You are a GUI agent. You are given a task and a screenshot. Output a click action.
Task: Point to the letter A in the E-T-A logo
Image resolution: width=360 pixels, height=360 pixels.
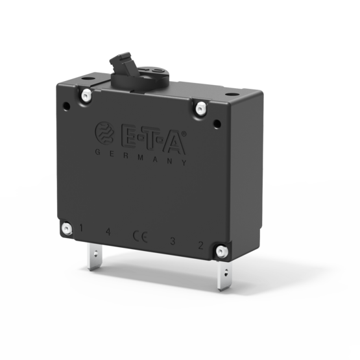click(173, 142)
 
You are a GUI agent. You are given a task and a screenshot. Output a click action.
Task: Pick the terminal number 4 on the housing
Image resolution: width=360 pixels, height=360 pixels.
click(108, 232)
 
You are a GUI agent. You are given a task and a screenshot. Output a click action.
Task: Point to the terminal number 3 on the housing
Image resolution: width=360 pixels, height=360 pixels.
click(172, 241)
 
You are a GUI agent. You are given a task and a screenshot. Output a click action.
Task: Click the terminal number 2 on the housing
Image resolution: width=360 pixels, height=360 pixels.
click(200, 245)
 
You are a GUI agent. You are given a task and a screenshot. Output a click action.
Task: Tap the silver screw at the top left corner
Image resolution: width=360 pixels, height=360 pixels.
click(85, 95)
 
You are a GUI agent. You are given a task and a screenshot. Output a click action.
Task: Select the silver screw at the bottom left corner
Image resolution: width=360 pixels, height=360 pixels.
click(66, 228)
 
